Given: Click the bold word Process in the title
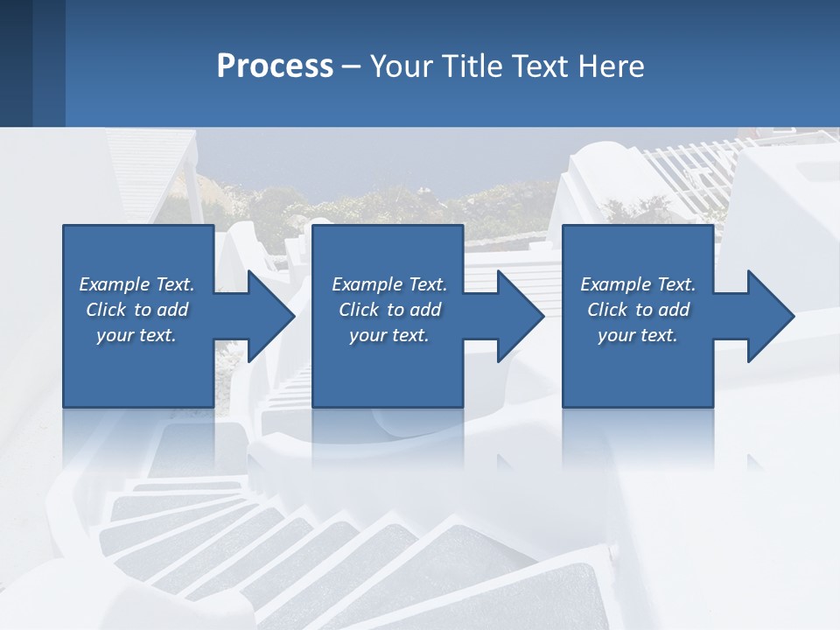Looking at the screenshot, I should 275,66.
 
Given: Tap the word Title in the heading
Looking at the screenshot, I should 472,66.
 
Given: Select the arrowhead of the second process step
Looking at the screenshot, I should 519,316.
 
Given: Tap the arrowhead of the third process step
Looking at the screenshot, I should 769,316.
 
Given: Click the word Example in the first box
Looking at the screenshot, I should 115,284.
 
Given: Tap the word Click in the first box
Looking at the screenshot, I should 107,310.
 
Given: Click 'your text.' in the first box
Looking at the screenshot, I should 136,335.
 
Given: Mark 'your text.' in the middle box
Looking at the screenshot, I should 389,335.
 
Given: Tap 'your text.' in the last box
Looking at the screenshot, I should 638,335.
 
